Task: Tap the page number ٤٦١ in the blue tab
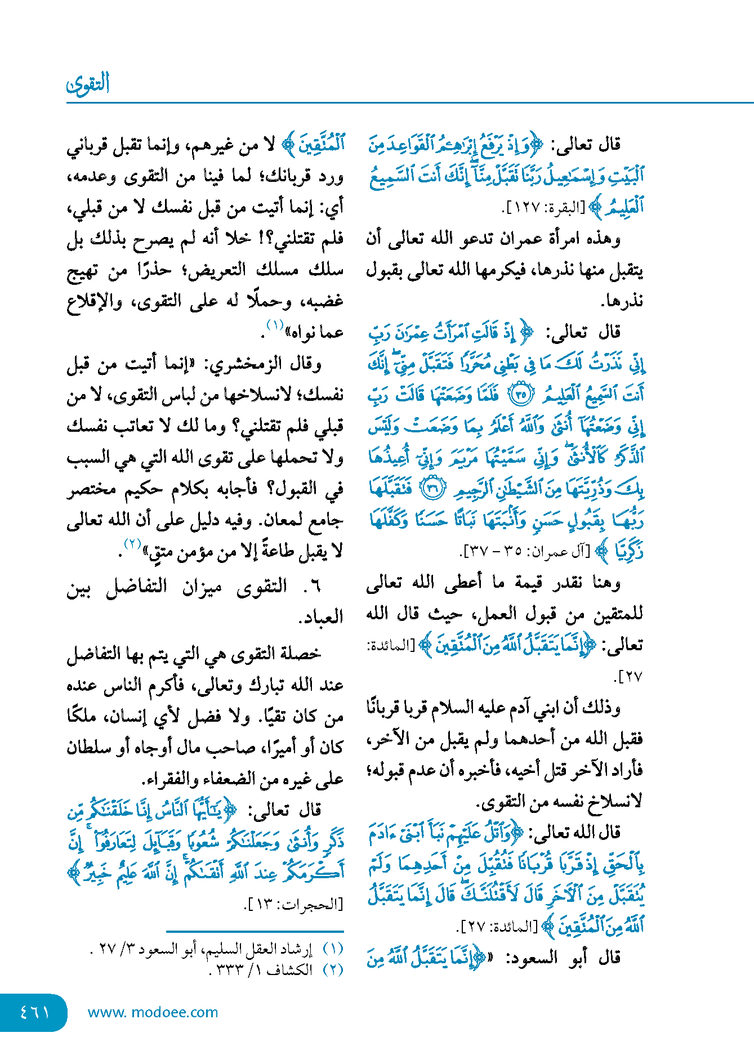[x=34, y=1012]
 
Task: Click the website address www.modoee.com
[x=153, y=1012]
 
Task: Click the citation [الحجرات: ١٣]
[x=293, y=905]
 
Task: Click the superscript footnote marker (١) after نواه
[x=275, y=325]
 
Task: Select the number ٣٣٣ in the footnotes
[x=230, y=970]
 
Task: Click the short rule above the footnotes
[x=255, y=932]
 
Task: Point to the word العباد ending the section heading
[x=321, y=617]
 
